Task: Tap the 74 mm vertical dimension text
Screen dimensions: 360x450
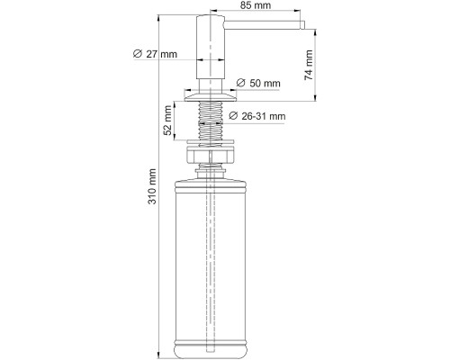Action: point(309,64)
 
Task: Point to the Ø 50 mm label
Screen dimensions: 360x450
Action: point(258,84)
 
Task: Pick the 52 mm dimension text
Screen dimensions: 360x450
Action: point(167,117)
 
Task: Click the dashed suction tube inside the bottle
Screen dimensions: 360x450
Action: point(211,261)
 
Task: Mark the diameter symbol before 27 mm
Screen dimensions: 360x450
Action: point(136,56)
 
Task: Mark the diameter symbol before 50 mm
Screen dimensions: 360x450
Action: point(240,84)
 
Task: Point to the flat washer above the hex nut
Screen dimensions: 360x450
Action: point(211,143)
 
